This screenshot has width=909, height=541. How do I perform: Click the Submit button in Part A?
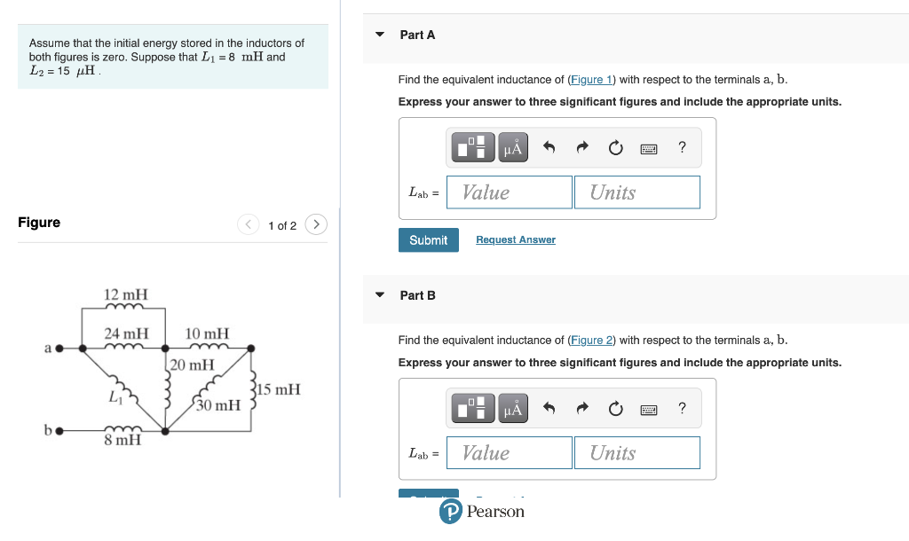tap(429, 240)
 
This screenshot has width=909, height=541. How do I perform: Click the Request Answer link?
tap(515, 240)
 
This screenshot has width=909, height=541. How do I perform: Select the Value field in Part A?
tap(510, 192)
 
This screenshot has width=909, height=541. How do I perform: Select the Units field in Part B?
tap(636, 453)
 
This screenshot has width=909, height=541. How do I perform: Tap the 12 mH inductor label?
tap(126, 294)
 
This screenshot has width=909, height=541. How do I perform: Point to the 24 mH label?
tap(126, 333)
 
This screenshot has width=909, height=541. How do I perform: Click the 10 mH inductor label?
tap(207, 333)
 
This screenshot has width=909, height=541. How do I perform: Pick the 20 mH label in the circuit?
tap(192, 365)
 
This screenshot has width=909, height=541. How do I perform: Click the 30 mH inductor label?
tap(218, 405)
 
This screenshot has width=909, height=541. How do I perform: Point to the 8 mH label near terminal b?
tap(123, 440)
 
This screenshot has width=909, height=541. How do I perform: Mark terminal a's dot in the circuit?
tap(59, 349)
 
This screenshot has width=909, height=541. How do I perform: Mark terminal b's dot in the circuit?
tap(59, 432)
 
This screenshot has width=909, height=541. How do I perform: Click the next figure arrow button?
tap(316, 224)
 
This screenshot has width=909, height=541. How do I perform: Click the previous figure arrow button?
tap(248, 224)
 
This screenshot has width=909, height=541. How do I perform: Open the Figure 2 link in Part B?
tap(591, 341)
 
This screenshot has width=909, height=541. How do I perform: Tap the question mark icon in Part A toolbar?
tap(682, 147)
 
